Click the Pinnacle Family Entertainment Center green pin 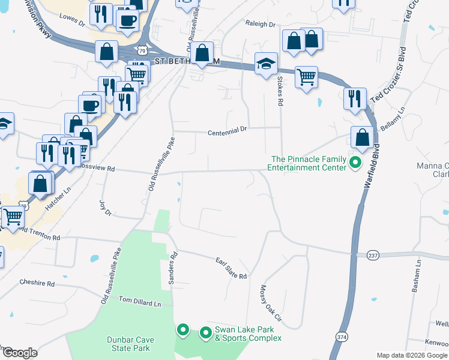pos(355,162)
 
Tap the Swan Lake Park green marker pos(205,332)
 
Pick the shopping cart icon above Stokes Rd pos(306,76)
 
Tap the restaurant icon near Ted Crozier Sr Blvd pos(354,97)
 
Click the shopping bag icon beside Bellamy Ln pos(363,137)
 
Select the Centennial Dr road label pos(228,131)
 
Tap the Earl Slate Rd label pos(232,268)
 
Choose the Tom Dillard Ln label pos(140,301)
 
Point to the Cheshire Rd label pos(37,283)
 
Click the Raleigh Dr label pos(259,25)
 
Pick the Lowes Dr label pos(72,20)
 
